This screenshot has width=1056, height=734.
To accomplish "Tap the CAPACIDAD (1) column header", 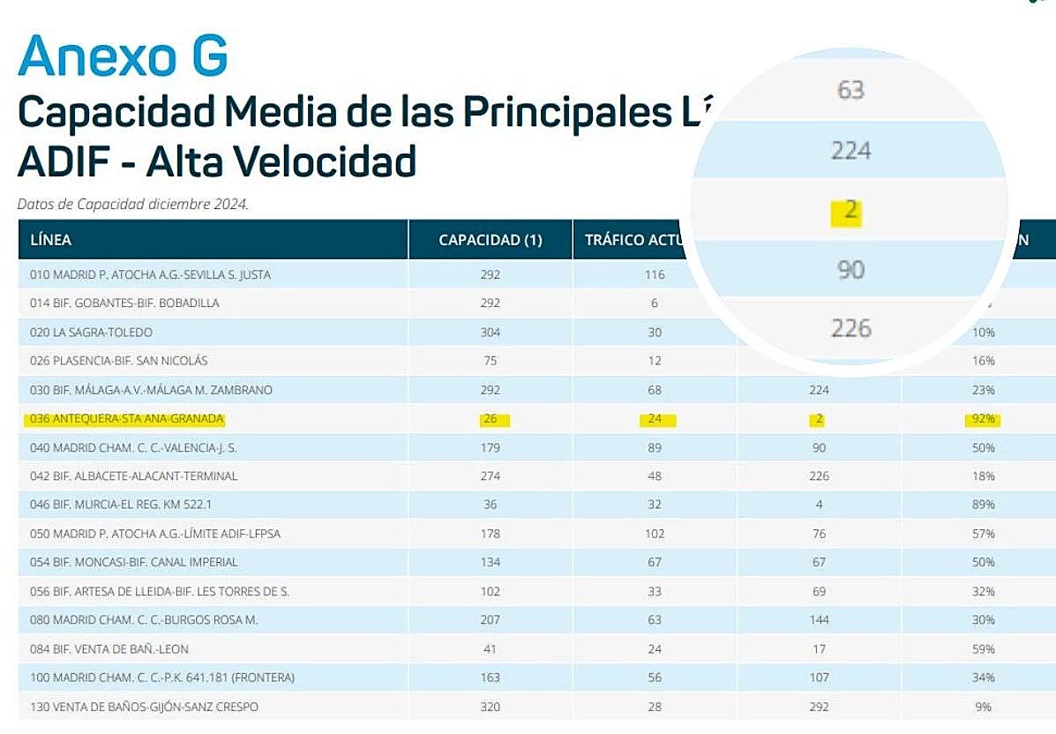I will [x=491, y=240].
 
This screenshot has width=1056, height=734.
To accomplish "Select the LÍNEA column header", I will [x=50, y=240].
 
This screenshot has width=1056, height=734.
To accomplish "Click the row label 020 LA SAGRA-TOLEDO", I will [x=91, y=333].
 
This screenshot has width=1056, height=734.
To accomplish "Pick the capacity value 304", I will [x=491, y=333].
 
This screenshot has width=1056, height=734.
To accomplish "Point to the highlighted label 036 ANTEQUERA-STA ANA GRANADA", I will [x=127, y=419].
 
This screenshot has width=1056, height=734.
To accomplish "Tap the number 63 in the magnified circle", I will [x=850, y=90].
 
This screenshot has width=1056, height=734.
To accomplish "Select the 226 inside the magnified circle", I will [x=850, y=328].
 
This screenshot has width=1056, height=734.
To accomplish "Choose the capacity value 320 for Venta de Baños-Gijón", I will [x=491, y=707].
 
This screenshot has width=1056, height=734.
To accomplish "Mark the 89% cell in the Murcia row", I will [x=984, y=505].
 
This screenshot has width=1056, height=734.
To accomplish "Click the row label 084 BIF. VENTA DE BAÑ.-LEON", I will [x=109, y=649].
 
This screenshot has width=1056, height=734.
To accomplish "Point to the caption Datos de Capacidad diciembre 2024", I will [x=133, y=204].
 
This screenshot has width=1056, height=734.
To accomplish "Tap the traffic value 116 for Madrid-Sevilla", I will [x=654, y=275].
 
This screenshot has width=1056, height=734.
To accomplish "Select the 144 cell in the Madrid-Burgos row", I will [x=819, y=620].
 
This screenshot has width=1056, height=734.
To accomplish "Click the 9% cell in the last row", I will [x=984, y=707].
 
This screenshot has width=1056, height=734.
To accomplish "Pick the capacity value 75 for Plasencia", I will [x=491, y=361].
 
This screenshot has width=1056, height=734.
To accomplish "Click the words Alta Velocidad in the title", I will [x=281, y=161].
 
